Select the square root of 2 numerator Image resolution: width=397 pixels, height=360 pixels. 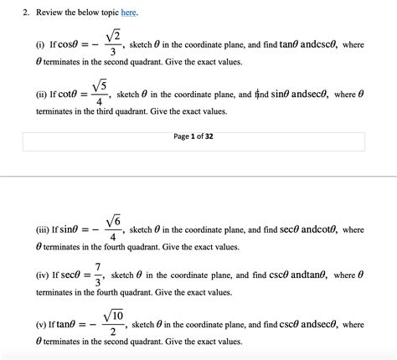pos(115,34)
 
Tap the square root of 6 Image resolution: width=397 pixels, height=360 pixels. pos(113,221)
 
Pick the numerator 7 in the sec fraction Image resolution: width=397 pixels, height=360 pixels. pos(98,265)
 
